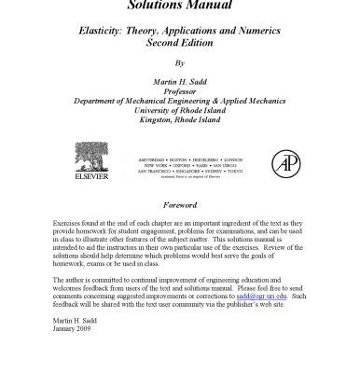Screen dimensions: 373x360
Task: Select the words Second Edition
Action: point(180,42)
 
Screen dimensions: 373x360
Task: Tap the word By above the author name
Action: point(180,65)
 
